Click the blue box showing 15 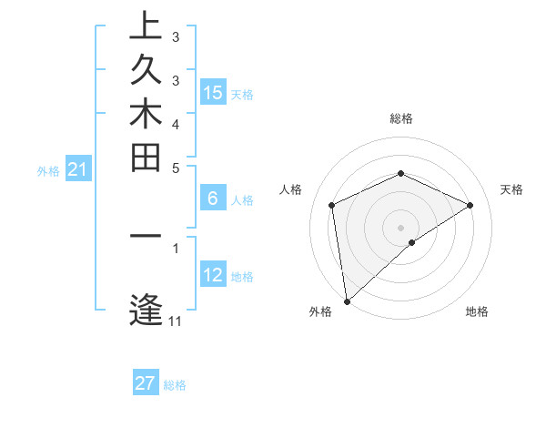point(213,92)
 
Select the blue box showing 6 point(213,198)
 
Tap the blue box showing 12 point(213,274)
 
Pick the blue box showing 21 point(78,168)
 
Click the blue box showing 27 point(146,383)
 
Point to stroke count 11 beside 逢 point(175,321)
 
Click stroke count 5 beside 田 point(175,167)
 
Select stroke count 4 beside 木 point(175,123)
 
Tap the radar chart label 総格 point(400,118)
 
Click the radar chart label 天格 point(511,189)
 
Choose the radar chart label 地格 point(477,312)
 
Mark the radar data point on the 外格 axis point(347,301)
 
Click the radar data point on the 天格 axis point(470,205)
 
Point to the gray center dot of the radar point(400,227)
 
